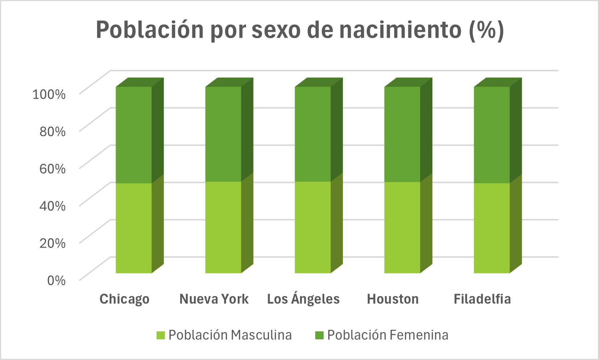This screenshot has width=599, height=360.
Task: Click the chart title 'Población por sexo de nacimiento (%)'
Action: pyautogui.click(x=300, y=30)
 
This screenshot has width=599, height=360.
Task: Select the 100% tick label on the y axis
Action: pyautogui.click(x=49, y=94)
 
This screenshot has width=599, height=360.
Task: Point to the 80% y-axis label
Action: pyautogui.click(x=53, y=131)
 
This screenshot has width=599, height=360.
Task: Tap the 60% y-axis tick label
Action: pyautogui.click(x=53, y=169)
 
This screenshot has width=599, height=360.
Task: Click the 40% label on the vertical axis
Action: pyautogui.click(x=53, y=206)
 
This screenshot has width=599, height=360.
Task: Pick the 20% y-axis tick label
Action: pyautogui.click(x=53, y=243)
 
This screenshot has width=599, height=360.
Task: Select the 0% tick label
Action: pyautogui.click(x=56, y=280)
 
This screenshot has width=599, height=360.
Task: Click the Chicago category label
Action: pyautogui.click(x=124, y=299)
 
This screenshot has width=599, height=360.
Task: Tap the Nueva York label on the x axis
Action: pyautogui.click(x=214, y=299)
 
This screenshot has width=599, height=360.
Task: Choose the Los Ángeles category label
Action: pyautogui.click(x=303, y=299)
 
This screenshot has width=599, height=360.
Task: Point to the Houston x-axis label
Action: pyautogui.click(x=393, y=299)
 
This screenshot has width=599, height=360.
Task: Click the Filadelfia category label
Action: pyautogui.click(x=482, y=299)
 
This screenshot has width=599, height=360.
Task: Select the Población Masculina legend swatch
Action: pyautogui.click(x=161, y=335)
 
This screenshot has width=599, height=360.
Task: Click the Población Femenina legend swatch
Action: pyautogui.click(x=319, y=335)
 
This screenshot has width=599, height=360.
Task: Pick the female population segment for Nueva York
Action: pyautogui.click(x=223, y=134)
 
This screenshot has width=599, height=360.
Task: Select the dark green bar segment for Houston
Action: pyautogui.click(x=402, y=134)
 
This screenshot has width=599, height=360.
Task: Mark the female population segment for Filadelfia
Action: pyautogui.click(x=492, y=135)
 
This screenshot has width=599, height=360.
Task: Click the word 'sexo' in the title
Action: pyautogui.click(x=276, y=30)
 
